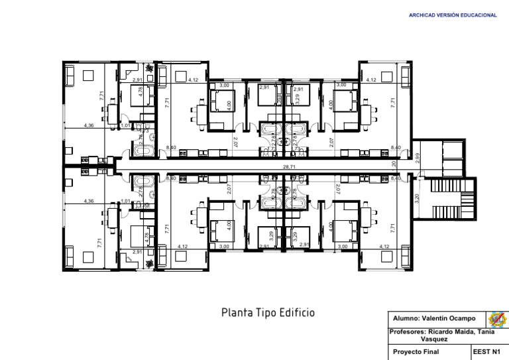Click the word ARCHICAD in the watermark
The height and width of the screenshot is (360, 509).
(x=422, y=15)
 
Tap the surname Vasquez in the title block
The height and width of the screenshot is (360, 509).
(x=434, y=339)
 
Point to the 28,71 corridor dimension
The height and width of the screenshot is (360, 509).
(x=289, y=167)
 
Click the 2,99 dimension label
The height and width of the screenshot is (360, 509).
(x=417, y=158)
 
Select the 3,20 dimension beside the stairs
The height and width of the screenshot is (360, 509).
(x=417, y=198)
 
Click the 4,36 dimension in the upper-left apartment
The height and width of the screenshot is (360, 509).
(x=89, y=125)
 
